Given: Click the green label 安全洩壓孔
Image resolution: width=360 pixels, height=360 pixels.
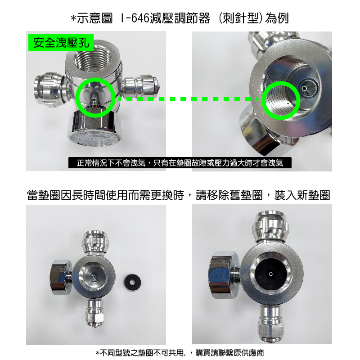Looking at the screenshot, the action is click(61, 43).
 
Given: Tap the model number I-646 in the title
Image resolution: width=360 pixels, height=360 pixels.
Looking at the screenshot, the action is click(135, 18).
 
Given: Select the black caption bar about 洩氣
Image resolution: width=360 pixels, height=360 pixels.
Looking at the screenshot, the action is click(180, 163).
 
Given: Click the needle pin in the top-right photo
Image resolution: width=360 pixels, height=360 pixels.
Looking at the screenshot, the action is click(304, 88).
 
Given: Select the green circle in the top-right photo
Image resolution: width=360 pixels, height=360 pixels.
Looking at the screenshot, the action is click(281, 100).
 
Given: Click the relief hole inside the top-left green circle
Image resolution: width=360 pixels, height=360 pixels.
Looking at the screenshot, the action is click(94, 99).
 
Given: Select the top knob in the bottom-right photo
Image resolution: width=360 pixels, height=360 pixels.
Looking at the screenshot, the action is click(271, 227).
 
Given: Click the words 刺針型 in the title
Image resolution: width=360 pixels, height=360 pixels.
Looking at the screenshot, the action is click(241, 18).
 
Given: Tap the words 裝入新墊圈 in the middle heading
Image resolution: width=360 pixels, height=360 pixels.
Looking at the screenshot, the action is click(302, 195).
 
